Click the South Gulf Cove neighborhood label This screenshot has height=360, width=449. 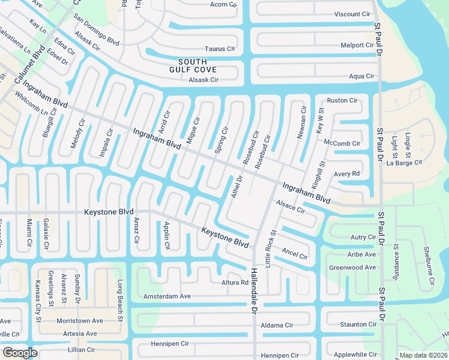[x=193, y=66]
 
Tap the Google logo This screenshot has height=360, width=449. [x=20, y=353]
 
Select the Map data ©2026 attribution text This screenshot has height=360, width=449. [x=423, y=355]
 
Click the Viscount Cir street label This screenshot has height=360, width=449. [x=352, y=14]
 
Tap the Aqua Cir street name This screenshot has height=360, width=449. [x=361, y=76]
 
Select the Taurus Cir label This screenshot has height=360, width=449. [x=219, y=49]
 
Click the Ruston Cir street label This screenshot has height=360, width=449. [x=342, y=100]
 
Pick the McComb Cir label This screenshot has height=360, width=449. [x=342, y=143]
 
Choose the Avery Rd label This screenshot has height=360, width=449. [x=346, y=174]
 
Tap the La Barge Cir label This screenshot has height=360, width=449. [x=404, y=162]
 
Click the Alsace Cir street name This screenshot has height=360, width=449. [x=291, y=208]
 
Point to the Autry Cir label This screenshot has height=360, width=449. [x=363, y=238]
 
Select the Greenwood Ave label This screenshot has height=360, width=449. [x=352, y=268]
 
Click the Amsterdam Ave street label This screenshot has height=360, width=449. [x=166, y=296]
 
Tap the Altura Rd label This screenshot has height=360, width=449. [x=235, y=282]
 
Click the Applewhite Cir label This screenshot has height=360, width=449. [x=355, y=355]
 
